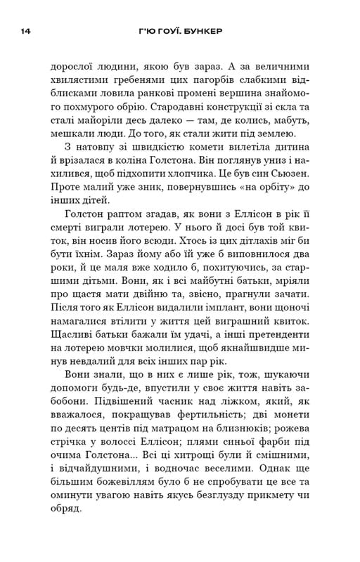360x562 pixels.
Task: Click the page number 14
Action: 25,32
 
